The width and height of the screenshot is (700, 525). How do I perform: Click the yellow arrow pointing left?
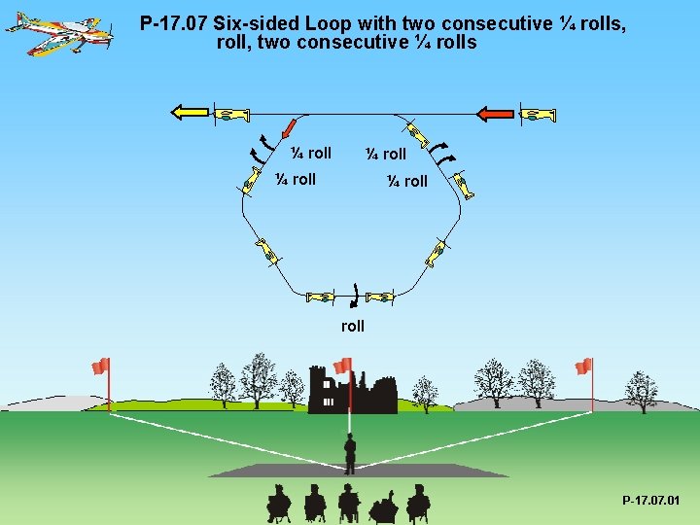(x=189, y=113)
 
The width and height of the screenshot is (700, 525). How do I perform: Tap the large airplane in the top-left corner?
(x=58, y=30)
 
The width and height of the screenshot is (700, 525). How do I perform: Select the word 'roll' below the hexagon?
(x=353, y=327)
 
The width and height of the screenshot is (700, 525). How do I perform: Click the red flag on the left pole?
(x=100, y=366)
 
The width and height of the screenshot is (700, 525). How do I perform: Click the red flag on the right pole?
(x=583, y=366)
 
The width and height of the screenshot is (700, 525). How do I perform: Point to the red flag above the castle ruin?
(x=342, y=366)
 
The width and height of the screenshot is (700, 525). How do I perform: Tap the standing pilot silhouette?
(x=350, y=452)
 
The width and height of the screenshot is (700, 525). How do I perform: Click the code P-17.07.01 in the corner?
(x=651, y=501)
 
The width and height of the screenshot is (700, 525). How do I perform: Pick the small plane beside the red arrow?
(x=537, y=114)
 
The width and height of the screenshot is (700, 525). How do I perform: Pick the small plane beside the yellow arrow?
(x=229, y=114)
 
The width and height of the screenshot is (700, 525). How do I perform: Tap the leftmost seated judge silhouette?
(x=279, y=504)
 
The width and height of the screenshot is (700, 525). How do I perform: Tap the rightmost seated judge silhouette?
(x=418, y=504)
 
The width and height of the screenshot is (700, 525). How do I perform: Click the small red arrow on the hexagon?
(x=289, y=128)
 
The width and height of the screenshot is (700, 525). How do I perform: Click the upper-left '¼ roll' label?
(x=312, y=153)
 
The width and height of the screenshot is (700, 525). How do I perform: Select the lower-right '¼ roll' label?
(x=406, y=181)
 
